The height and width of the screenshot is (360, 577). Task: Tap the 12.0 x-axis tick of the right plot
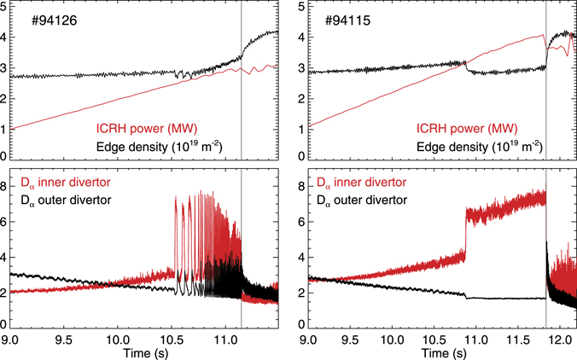pyautogui.click(x=560, y=339)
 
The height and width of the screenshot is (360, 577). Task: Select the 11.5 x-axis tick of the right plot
pyautogui.click(x=517, y=339)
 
